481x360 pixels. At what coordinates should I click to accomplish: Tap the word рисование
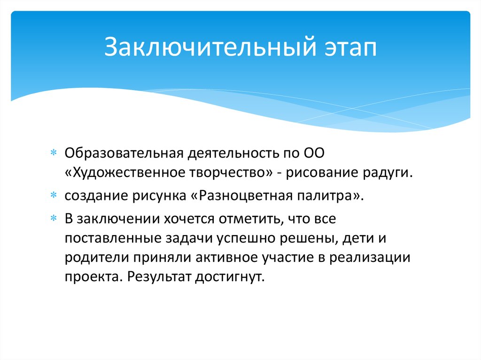322,173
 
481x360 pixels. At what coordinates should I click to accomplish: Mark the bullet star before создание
54,194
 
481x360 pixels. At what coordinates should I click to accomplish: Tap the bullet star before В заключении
54,218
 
